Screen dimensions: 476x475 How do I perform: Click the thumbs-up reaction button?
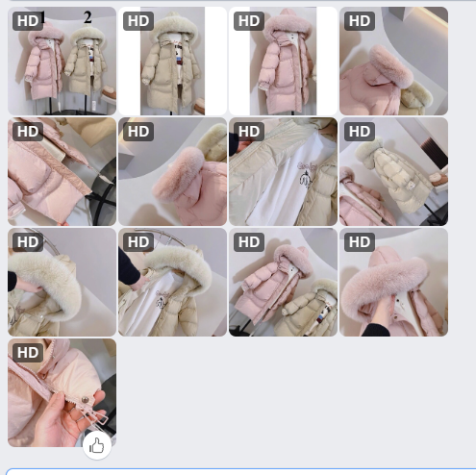tap(97, 445)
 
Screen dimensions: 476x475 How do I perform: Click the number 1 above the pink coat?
tap(42, 17)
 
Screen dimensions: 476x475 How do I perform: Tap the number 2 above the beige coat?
tap(88, 17)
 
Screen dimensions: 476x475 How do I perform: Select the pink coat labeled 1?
tap(42, 65)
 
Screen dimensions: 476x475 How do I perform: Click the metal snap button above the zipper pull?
tap(85, 400)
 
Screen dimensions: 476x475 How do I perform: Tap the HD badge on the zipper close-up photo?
tap(28, 353)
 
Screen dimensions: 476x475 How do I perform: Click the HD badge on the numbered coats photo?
tap(28, 21)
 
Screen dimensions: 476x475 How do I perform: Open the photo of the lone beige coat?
tap(172, 61)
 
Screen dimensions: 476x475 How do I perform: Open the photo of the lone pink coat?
tap(283, 61)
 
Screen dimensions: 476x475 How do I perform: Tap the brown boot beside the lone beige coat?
tap(199, 106)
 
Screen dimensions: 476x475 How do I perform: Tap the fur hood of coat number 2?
tap(88, 37)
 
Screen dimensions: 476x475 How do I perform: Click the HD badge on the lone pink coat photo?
tap(249, 21)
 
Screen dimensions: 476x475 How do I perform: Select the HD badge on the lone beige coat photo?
tap(138, 21)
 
